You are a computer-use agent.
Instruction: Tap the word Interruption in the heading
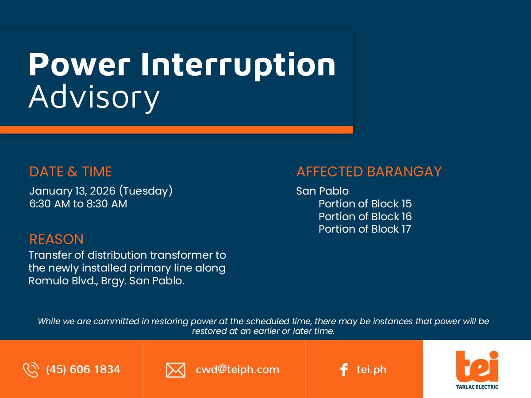tap(238, 65)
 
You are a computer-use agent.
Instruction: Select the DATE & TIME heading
tap(70, 172)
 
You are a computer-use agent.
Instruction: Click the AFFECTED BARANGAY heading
tap(369, 172)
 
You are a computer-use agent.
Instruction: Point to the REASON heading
tap(56, 239)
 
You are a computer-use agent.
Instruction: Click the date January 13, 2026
tap(72, 191)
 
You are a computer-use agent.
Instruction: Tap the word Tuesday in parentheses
tap(146, 191)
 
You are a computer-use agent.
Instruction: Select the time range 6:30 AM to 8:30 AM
tap(78, 204)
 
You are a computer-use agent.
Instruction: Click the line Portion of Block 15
tap(365, 204)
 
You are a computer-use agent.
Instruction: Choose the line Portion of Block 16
tap(365, 217)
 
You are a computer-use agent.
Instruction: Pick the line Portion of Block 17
tap(365, 229)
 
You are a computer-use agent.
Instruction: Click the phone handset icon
tap(31, 370)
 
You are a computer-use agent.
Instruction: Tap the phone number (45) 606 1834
tap(83, 370)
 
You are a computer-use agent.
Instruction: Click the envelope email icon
tap(176, 370)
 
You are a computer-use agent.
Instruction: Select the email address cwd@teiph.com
tap(237, 370)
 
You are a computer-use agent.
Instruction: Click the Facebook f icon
tap(344, 370)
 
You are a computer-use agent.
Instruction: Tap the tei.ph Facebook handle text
tap(371, 370)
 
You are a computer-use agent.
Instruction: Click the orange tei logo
tap(477, 366)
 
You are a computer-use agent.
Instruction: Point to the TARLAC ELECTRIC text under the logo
tap(477, 387)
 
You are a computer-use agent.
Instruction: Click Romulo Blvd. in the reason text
tap(63, 281)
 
